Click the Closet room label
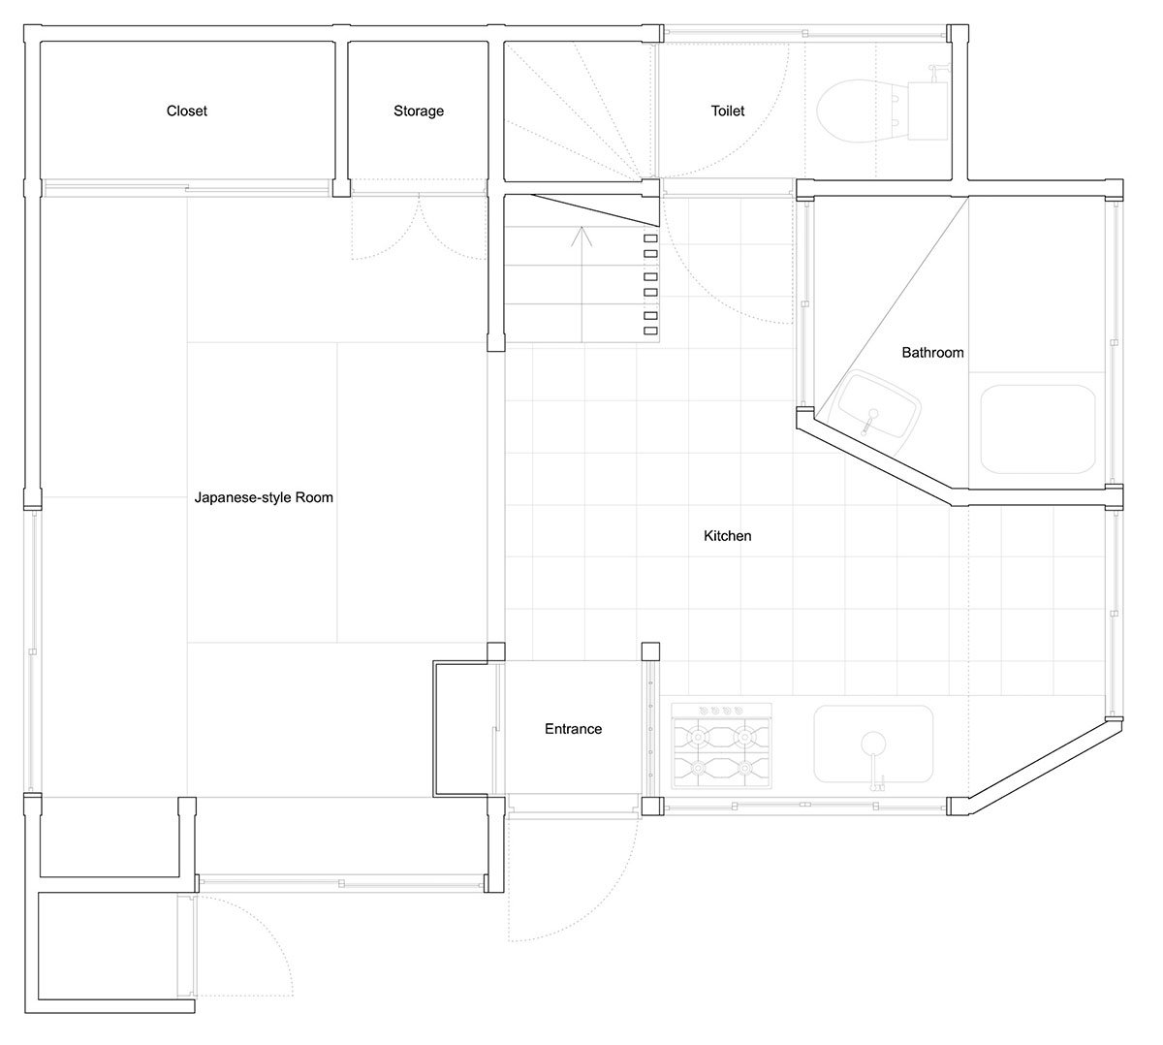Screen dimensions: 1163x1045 [186, 111]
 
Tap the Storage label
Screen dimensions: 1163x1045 [419, 111]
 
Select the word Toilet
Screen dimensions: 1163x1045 [727, 111]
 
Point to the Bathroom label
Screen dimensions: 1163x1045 [932, 353]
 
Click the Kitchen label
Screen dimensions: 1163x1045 [727, 536]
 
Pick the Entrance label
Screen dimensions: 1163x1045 [573, 729]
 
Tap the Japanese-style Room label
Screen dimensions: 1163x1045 [264, 497]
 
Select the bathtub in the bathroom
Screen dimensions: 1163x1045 [1038, 428]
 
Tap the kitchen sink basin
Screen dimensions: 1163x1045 [873, 744]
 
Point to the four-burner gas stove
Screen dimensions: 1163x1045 [721, 745]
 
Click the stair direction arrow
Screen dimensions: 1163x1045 [581, 284]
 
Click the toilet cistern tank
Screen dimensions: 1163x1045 [927, 111]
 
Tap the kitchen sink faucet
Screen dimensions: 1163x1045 [873, 761]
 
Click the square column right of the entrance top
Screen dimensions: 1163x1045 [650, 651]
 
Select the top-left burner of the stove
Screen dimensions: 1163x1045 [697, 736]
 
